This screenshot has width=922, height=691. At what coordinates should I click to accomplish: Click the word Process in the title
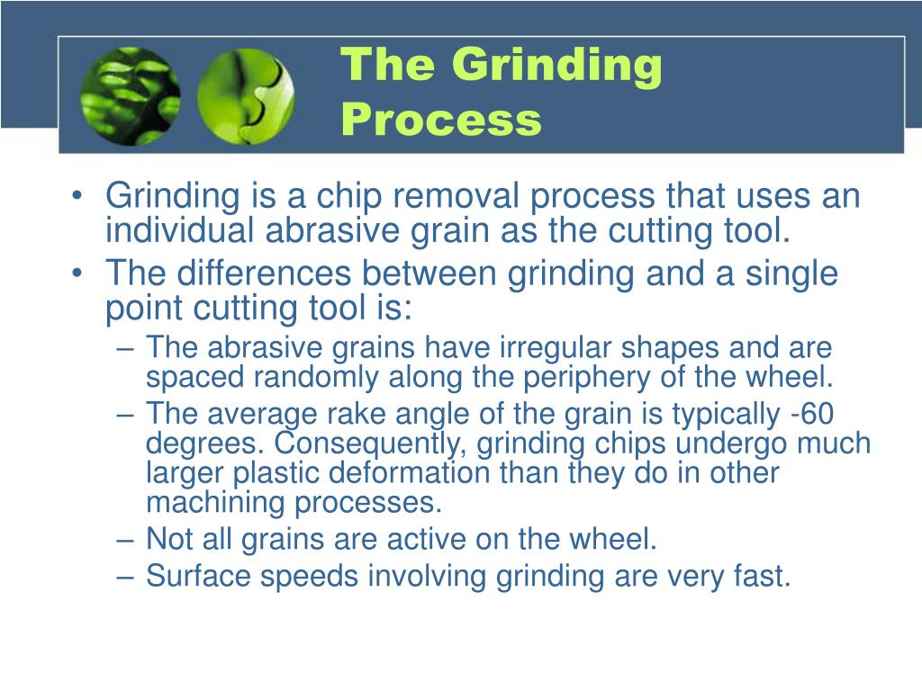click(x=441, y=120)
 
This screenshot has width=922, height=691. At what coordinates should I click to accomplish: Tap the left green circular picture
click(x=130, y=95)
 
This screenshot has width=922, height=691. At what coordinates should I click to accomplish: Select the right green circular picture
click(x=245, y=95)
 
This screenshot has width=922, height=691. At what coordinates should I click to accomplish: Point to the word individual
click(x=180, y=231)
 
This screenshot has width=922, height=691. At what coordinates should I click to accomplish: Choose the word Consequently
click(x=369, y=444)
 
